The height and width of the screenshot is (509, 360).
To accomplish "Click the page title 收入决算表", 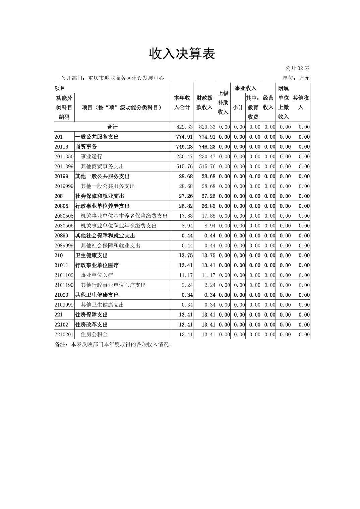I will coord(182,54).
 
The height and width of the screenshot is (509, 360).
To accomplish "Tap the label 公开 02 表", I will coord(297,68).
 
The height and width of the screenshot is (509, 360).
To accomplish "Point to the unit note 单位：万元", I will coord(296,78).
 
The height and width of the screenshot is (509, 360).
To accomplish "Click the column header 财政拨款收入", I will coord(204,102).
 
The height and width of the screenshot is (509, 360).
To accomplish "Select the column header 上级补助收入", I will coord(223,102).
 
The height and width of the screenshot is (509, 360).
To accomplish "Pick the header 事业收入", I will coord(245,88).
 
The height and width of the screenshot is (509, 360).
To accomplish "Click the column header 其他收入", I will coord(300,102).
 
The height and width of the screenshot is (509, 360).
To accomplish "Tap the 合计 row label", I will coord(112,127).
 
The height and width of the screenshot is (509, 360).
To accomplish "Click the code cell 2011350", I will coord(64,156).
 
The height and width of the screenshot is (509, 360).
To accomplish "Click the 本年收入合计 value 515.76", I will coord(184,166).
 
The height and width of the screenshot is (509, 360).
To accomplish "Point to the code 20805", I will coord(61,206).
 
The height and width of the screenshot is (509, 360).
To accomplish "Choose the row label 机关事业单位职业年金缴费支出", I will coord(119,226).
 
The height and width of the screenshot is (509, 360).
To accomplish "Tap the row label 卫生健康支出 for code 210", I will coord(92,256).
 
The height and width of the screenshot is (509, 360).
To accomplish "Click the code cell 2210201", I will coord(64,335).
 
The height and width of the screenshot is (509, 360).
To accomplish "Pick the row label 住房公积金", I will coord(94,335).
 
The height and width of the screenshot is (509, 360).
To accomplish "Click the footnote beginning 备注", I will coord(114,344).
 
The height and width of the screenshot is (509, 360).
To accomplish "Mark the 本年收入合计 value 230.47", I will coord(184,156).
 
